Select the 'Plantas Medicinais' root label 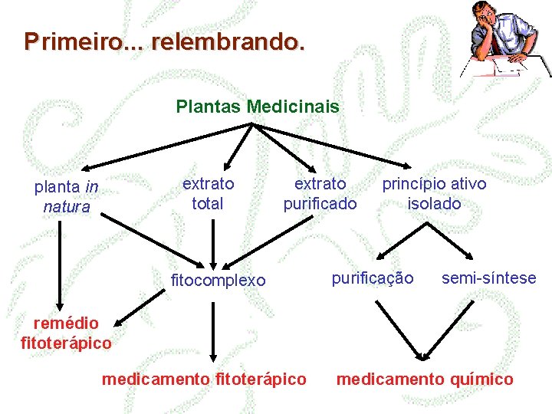coord(258,106)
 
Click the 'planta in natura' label coord(67,196)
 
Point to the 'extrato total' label coord(208,193)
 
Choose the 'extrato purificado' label coord(320,193)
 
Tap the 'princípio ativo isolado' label coord(434,193)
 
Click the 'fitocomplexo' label coord(218,281)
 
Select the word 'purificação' coord(372,278)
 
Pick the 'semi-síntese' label coord(489,278)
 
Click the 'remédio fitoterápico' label coord(66,333)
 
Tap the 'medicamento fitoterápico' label coord(204,379)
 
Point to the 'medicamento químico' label coord(426,379)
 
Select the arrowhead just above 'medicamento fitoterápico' coord(214,356)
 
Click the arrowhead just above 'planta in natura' coord(84,169)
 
